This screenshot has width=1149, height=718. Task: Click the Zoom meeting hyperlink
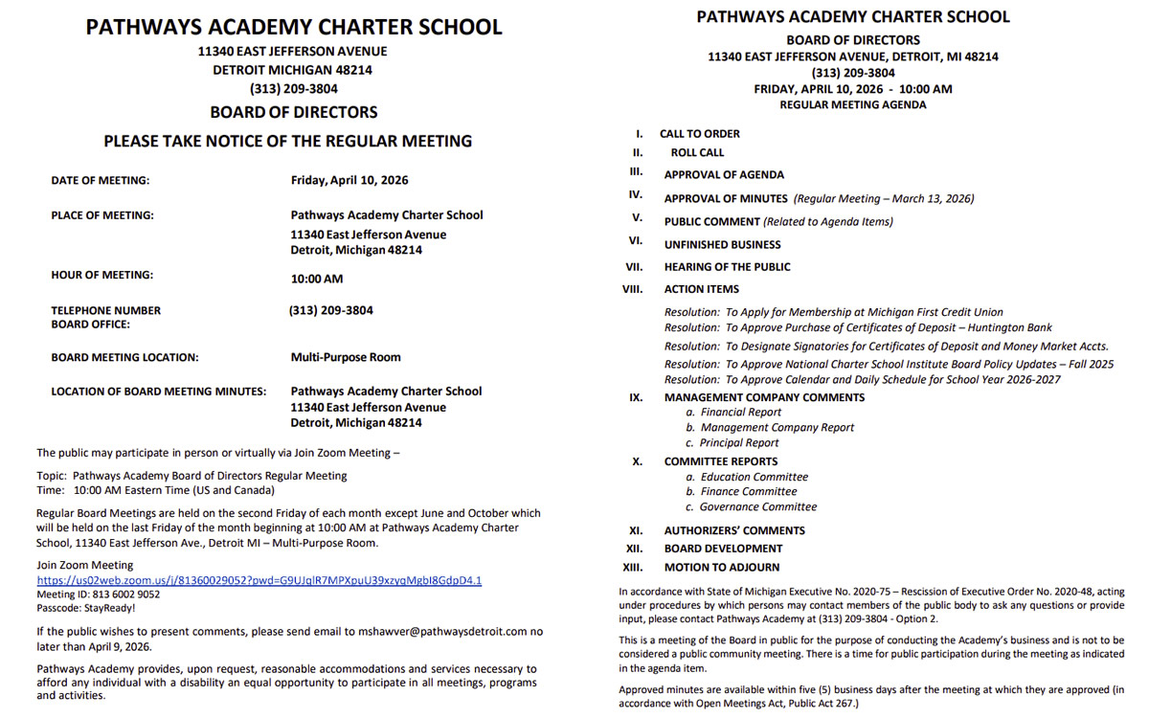[x=259, y=580]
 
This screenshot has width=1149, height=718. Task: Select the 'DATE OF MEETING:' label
[x=101, y=180]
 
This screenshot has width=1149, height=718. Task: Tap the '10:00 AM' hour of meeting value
[x=316, y=280]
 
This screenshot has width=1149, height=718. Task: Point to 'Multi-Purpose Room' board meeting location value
[x=346, y=357]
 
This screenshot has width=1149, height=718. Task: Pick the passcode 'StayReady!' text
[x=86, y=608]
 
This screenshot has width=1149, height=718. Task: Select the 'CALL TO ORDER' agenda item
[x=699, y=134]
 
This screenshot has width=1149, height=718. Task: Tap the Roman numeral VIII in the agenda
[x=632, y=288]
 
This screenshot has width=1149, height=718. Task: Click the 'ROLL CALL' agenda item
[x=697, y=152]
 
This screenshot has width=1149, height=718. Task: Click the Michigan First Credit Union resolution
[x=833, y=312]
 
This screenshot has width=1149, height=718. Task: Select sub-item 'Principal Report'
[x=739, y=443]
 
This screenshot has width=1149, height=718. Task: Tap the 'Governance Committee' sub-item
[x=757, y=507]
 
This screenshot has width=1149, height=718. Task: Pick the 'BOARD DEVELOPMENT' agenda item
[x=723, y=549]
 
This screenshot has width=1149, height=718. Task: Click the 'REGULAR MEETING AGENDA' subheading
[x=852, y=105]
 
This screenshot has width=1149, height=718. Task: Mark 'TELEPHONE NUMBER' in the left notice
[x=105, y=310]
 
